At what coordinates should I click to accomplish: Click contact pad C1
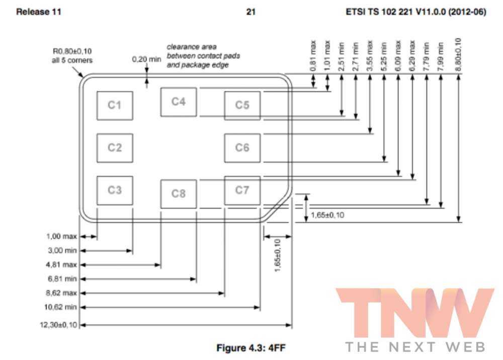pyautogui.click(x=115, y=106)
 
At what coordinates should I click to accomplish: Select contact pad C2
pyautogui.click(x=115, y=148)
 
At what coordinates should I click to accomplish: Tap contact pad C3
pyautogui.click(x=115, y=190)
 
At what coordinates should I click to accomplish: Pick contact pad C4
pyautogui.click(x=179, y=102)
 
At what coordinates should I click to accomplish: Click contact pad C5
pyautogui.click(x=242, y=106)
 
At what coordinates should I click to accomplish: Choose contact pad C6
pyautogui.click(x=242, y=148)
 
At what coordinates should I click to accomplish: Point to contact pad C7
pyautogui.click(x=242, y=190)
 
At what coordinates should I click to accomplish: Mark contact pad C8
pyautogui.click(x=179, y=194)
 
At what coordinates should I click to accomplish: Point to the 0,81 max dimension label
pyautogui.click(x=313, y=56)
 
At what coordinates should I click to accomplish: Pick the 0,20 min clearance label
pyautogui.click(x=146, y=59)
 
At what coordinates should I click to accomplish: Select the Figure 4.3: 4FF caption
pyautogui.click(x=251, y=347)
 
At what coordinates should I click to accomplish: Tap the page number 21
pyautogui.click(x=251, y=12)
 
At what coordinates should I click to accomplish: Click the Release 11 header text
pyautogui.click(x=39, y=12)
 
